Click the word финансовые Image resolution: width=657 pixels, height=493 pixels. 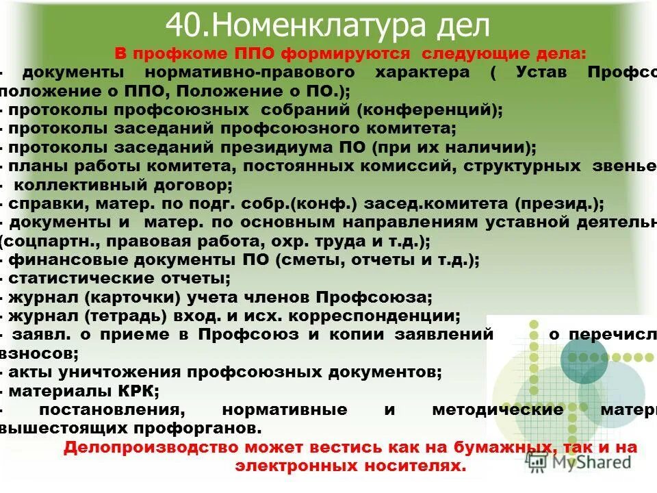coord(58,260)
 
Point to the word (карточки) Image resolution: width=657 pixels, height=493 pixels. coord(130,297)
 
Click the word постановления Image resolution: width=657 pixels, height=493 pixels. coord(113,410)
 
